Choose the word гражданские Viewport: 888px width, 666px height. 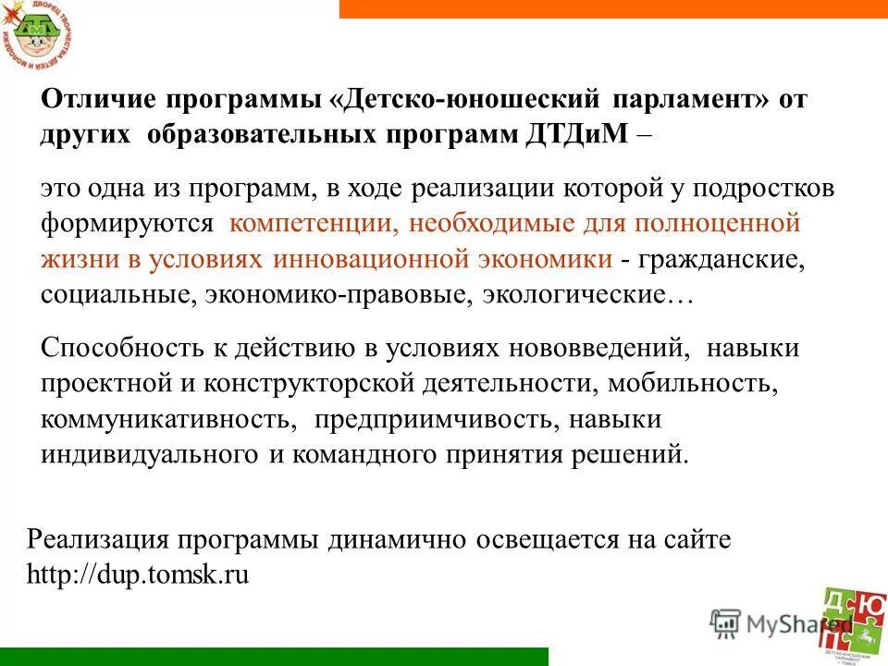(714, 259)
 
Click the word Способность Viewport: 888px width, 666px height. (114, 350)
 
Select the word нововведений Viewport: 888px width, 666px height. (598, 350)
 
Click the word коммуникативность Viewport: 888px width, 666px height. (169, 419)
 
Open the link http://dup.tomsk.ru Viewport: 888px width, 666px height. (139, 574)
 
